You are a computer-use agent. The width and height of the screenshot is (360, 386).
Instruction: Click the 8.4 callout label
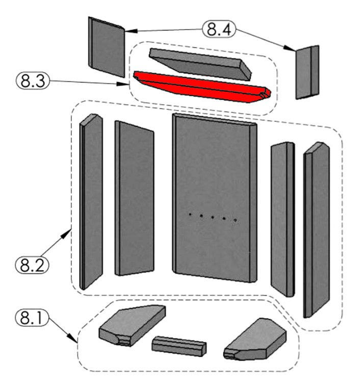point(219,29)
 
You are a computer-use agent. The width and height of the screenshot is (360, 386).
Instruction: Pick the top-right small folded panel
point(307,71)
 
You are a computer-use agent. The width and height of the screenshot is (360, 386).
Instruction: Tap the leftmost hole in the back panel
point(189,215)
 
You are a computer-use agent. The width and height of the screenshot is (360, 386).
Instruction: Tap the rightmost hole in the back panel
point(236,220)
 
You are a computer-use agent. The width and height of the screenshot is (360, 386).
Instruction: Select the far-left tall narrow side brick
point(91,201)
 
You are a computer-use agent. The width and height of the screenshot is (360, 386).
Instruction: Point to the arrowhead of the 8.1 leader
point(77,340)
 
